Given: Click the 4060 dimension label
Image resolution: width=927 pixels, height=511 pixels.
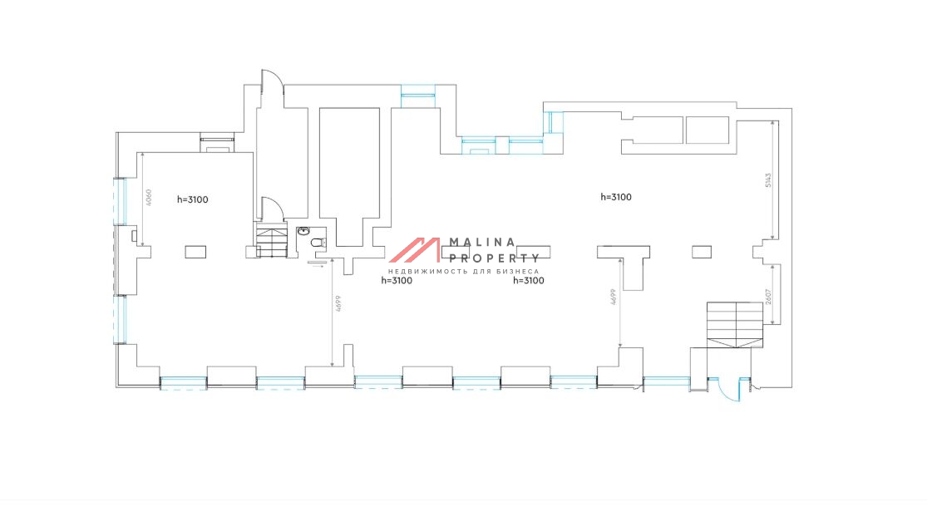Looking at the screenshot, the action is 149,197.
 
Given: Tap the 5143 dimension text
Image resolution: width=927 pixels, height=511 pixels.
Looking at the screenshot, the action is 768,180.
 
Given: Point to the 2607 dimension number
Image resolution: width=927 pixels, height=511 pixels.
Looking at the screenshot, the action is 768,297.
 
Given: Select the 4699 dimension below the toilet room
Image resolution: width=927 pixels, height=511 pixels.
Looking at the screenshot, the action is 338,303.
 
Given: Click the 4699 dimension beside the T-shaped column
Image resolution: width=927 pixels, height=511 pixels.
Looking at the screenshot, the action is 613,297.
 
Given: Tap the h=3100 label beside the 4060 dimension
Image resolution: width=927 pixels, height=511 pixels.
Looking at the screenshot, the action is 193,199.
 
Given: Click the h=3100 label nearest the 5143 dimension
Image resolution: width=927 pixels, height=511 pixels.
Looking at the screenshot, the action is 616,197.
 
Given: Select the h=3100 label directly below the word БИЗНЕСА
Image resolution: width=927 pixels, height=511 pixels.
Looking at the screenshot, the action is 529,281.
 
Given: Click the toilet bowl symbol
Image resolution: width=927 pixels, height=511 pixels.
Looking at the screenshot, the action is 318,243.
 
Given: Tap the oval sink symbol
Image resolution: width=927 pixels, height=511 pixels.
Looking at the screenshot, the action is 303,231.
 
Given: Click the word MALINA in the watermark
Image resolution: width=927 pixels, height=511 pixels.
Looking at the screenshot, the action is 482,243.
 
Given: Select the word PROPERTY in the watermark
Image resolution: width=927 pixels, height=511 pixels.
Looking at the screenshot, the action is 494,258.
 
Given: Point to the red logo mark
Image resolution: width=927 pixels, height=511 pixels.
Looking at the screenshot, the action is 414,250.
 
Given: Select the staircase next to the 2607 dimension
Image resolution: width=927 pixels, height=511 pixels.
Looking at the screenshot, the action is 735,324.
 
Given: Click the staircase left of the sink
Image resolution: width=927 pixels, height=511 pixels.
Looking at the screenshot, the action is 271,239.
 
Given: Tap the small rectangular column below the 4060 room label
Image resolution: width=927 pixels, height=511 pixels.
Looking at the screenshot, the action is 195,253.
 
